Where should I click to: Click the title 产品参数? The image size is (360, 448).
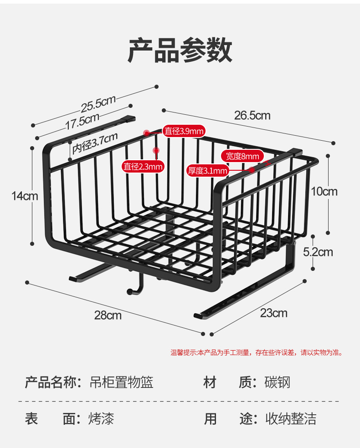[x=180, y=51]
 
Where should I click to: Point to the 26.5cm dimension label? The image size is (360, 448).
[x=252, y=115]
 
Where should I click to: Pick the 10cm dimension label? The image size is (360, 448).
[x=324, y=191]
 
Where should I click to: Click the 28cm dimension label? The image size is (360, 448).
[x=108, y=315]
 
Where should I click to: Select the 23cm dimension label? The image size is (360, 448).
[x=273, y=313]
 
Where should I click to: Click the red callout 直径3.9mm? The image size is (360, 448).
[x=184, y=131]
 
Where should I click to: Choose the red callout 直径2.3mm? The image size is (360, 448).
[x=143, y=167]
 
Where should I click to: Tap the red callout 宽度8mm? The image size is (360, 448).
[x=242, y=156]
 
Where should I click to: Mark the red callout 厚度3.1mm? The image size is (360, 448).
[x=208, y=171]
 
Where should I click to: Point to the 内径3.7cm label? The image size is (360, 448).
[x=95, y=143]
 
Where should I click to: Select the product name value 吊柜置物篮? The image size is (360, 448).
[x=121, y=382]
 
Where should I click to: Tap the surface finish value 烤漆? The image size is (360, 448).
[x=101, y=418]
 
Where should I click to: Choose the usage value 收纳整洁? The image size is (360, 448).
[x=291, y=418]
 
